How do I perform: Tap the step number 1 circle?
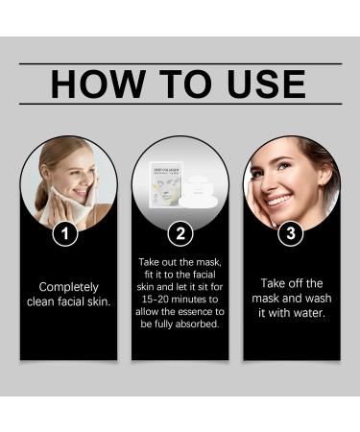pos(65,232)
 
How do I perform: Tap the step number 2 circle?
pos(180,232)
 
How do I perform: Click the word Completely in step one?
pos(68,286)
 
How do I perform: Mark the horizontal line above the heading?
pos(180,63)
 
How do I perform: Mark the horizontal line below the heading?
pos(180,104)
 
